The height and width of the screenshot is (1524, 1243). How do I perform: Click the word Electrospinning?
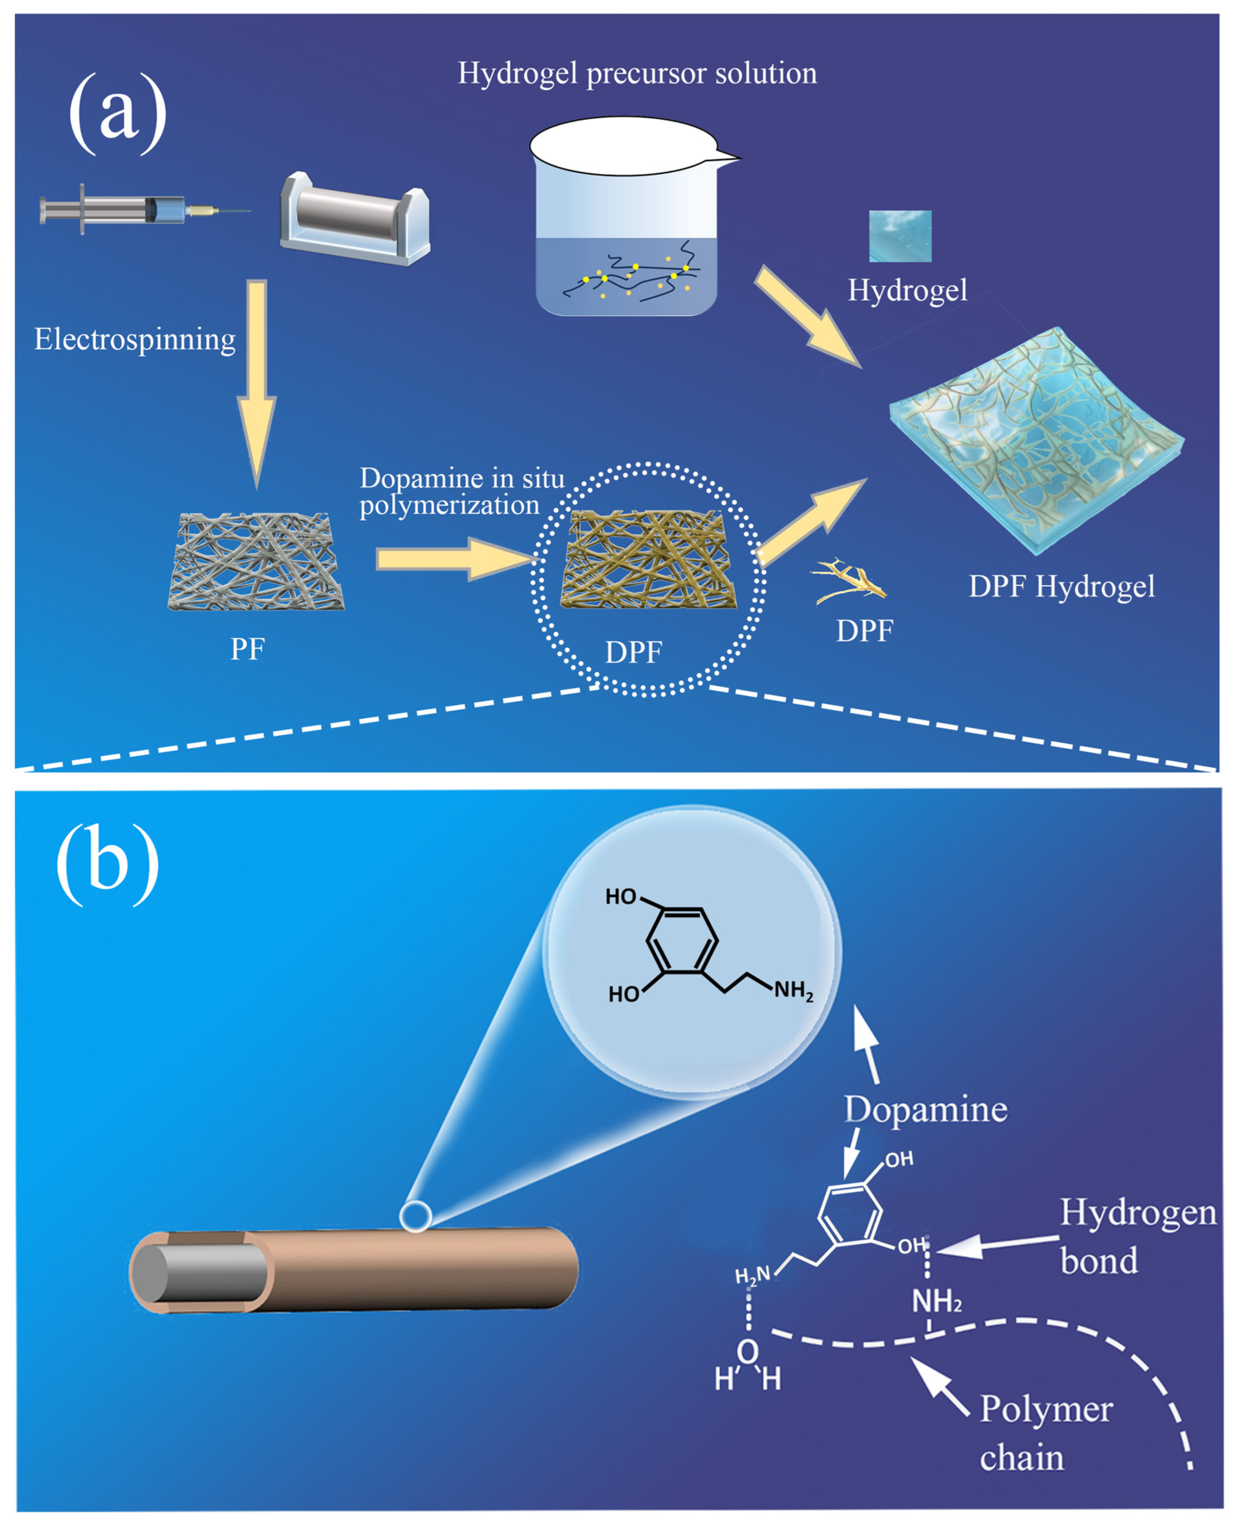[135, 339]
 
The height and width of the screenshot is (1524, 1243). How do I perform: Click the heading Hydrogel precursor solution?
[637, 73]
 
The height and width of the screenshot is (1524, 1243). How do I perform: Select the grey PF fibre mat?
[255, 562]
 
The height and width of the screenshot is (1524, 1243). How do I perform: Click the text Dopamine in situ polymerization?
[458, 491]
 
